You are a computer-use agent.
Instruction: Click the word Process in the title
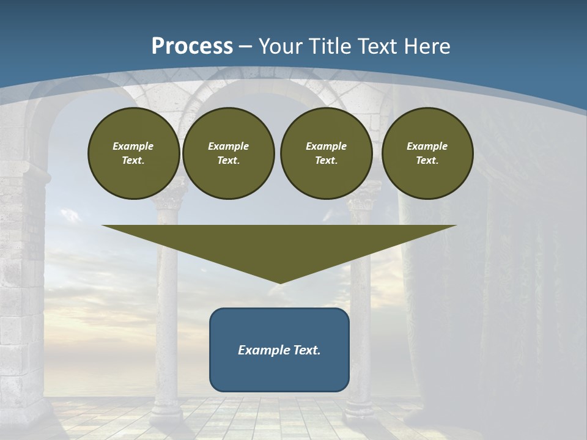(192, 46)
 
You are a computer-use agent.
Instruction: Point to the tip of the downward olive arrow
(279, 282)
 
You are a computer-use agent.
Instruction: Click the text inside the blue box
(279, 350)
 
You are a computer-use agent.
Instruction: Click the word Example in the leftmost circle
(133, 146)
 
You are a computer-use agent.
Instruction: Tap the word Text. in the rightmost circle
(427, 160)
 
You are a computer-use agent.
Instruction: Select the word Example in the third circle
(326, 146)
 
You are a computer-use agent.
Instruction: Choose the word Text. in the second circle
(228, 160)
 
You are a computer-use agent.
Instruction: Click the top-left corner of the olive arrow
(103, 226)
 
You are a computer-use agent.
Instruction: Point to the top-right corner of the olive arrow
(456, 226)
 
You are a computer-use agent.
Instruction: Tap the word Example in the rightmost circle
(427, 146)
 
